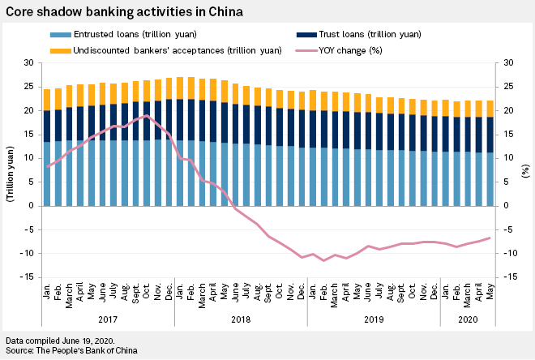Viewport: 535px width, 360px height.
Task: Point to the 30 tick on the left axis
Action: pos(28,63)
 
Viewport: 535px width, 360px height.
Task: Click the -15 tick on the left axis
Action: pos(26,277)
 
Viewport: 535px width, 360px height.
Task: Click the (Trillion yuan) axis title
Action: pos(10,170)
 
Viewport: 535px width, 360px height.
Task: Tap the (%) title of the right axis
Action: pos(525,170)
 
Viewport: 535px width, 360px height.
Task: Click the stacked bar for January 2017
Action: pos(47,147)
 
